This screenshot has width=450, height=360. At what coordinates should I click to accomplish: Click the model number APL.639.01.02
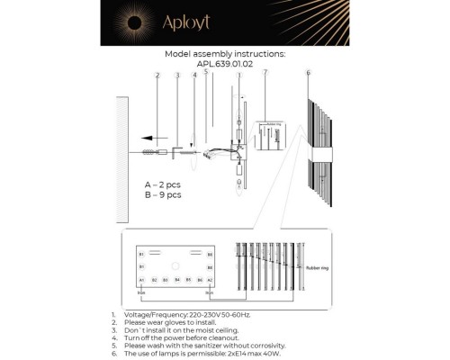click(x=225, y=64)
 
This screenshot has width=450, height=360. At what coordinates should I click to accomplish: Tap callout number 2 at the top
click(x=157, y=76)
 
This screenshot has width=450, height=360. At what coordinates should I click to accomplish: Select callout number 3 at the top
click(x=177, y=76)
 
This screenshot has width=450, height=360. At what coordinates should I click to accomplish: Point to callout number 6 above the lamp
click(x=308, y=73)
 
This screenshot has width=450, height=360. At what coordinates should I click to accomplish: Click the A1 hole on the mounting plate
click(x=142, y=281)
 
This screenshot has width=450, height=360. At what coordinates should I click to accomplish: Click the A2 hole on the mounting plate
click(x=210, y=281)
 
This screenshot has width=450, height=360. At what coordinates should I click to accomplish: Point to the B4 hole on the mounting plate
click(x=177, y=281)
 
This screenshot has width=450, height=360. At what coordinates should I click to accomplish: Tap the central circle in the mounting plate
click(x=176, y=265)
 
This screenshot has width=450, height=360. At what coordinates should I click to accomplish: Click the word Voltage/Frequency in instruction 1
click(x=155, y=315)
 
